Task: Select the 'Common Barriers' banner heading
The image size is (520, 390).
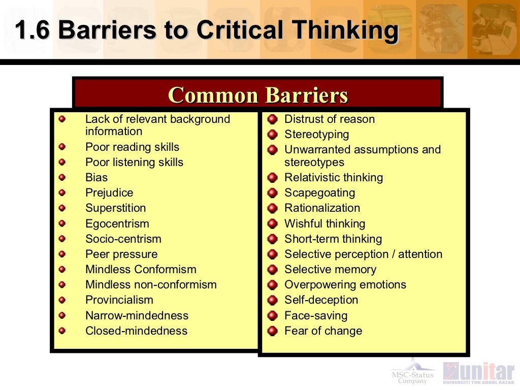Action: [258, 95]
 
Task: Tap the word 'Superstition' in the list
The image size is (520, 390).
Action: [115, 208]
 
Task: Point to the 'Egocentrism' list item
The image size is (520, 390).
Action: [117, 223]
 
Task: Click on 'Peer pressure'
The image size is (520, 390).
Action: [121, 254]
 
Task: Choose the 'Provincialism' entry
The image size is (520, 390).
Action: [119, 300]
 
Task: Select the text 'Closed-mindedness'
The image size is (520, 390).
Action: [136, 331]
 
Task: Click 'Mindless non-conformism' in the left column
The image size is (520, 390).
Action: [151, 284]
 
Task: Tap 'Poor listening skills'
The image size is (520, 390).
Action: [134, 162]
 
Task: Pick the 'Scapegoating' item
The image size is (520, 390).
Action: [319, 193]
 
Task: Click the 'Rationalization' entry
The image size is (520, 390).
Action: [322, 208]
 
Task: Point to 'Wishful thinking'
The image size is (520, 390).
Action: [324, 223]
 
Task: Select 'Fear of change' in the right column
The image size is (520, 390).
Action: [323, 331]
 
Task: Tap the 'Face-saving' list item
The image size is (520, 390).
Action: [316, 315]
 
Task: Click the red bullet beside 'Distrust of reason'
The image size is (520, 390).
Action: [273, 119]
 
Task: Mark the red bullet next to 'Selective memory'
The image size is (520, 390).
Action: [273, 270]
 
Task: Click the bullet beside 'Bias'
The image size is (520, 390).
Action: [62, 178]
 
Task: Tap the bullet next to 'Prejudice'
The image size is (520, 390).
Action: [62, 193]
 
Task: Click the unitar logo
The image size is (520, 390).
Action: [478, 372]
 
